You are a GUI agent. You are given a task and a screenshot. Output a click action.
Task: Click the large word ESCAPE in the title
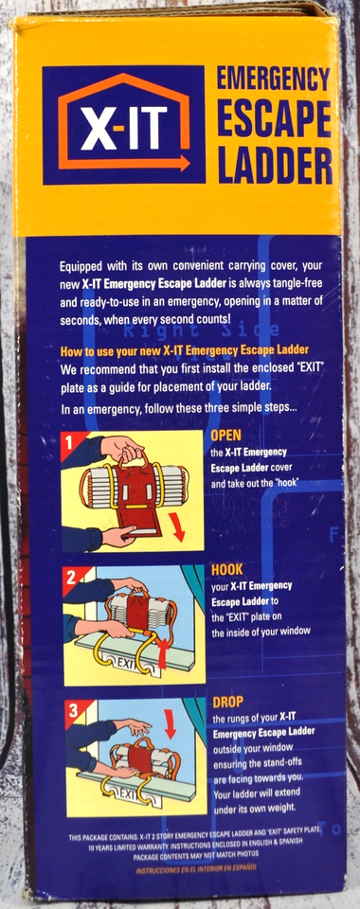274,121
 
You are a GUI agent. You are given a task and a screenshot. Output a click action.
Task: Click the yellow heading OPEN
226,436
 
